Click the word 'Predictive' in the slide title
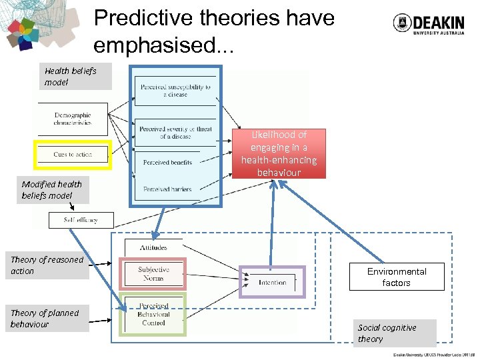pos(143,18)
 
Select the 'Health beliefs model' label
pos(71,77)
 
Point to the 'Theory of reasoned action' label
pos(47,265)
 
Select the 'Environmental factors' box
pos(397,277)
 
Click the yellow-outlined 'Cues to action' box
pos(73,155)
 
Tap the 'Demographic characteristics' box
pos(73,119)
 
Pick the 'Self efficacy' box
pos(81,220)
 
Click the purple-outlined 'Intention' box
pos(272,282)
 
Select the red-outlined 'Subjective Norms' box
pos(153,274)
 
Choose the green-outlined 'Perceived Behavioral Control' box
pos(153,315)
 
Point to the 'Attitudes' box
pos(153,247)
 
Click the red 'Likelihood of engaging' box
pos(279,153)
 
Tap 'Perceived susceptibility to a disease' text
pos(175,91)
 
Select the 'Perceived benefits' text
pos(167,162)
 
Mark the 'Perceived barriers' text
pos(167,189)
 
